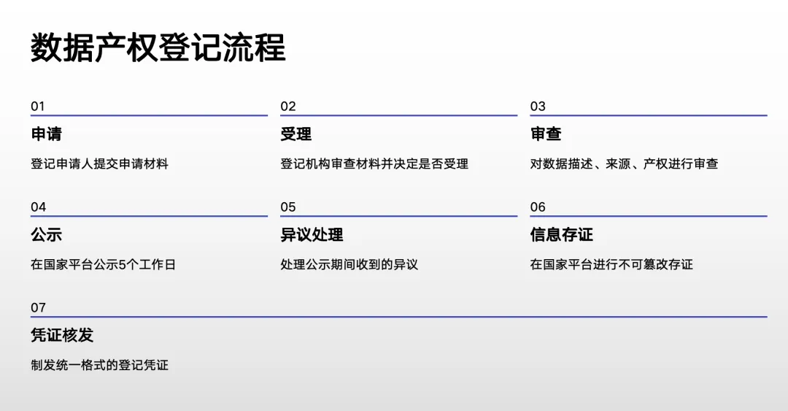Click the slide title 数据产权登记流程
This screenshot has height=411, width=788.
click(158, 47)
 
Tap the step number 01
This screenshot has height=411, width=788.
click(38, 107)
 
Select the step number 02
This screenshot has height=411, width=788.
click(288, 107)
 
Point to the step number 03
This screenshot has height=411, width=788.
click(538, 107)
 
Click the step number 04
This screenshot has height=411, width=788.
click(38, 207)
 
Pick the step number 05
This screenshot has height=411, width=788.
click(288, 207)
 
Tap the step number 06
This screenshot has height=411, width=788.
click(538, 207)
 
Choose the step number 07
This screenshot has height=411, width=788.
click(38, 308)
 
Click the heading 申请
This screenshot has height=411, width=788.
click(46, 134)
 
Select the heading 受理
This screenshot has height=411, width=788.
click(295, 134)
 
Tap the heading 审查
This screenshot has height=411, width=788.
click(546, 134)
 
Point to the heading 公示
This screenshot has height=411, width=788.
click(46, 235)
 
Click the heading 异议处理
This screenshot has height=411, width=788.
click(312, 235)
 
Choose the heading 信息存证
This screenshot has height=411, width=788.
click(561, 235)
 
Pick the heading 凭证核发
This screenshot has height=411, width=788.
click(62, 336)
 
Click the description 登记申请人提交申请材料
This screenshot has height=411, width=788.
click(99, 164)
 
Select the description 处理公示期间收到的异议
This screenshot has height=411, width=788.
click(349, 265)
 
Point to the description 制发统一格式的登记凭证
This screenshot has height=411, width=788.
click(99, 365)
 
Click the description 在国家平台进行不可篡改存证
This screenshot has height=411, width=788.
click(611, 265)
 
